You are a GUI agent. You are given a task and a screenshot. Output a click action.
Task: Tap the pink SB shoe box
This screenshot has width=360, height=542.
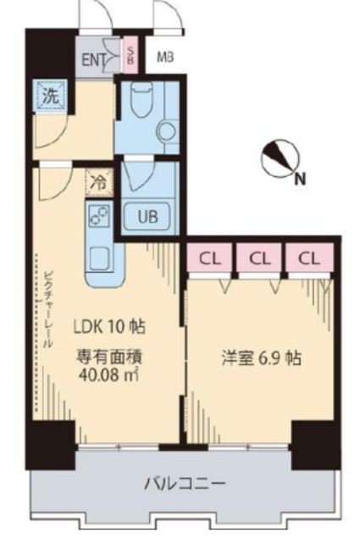coord(130,56)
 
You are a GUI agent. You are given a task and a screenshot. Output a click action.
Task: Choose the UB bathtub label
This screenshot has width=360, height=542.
coord(149,216)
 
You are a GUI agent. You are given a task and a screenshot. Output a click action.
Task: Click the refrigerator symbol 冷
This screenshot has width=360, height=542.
coord(98,181)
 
